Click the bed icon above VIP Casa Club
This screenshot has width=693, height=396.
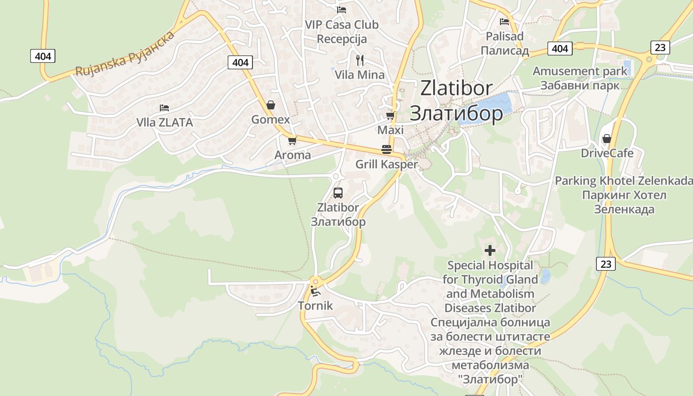click(x=342, y=9)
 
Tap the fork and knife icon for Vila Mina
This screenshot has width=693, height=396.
click(x=360, y=60)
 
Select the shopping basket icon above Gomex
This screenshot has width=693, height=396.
click(x=270, y=105)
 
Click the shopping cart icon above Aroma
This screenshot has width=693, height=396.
click(x=292, y=141)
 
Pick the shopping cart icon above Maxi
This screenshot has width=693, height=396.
click(x=391, y=116)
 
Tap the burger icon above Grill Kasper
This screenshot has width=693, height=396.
click(x=387, y=149)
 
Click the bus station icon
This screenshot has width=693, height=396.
click(x=338, y=193)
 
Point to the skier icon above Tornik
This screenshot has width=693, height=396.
click(x=315, y=291)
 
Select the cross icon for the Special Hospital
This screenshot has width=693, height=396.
click(x=490, y=250)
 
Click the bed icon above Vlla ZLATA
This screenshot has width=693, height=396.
click(x=164, y=107)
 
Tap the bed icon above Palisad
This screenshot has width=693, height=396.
click(x=504, y=21)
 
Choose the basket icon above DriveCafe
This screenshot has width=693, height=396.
click(x=607, y=139)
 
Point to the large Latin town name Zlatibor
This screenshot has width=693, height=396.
click(x=456, y=88)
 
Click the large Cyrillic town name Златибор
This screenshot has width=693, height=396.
click(x=456, y=113)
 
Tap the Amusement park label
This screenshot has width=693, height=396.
click(x=580, y=71)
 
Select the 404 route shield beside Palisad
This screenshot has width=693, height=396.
click(x=560, y=49)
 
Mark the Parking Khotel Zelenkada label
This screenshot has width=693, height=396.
click(x=623, y=181)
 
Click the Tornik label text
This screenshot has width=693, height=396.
click(x=315, y=306)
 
